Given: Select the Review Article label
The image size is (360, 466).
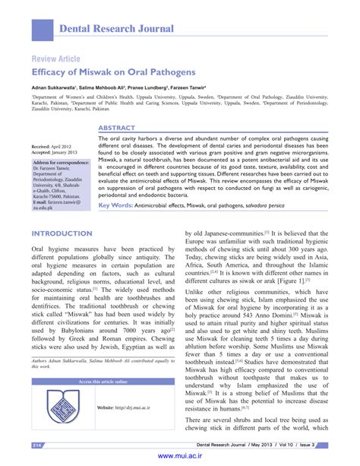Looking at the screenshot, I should (x=55, y=59).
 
